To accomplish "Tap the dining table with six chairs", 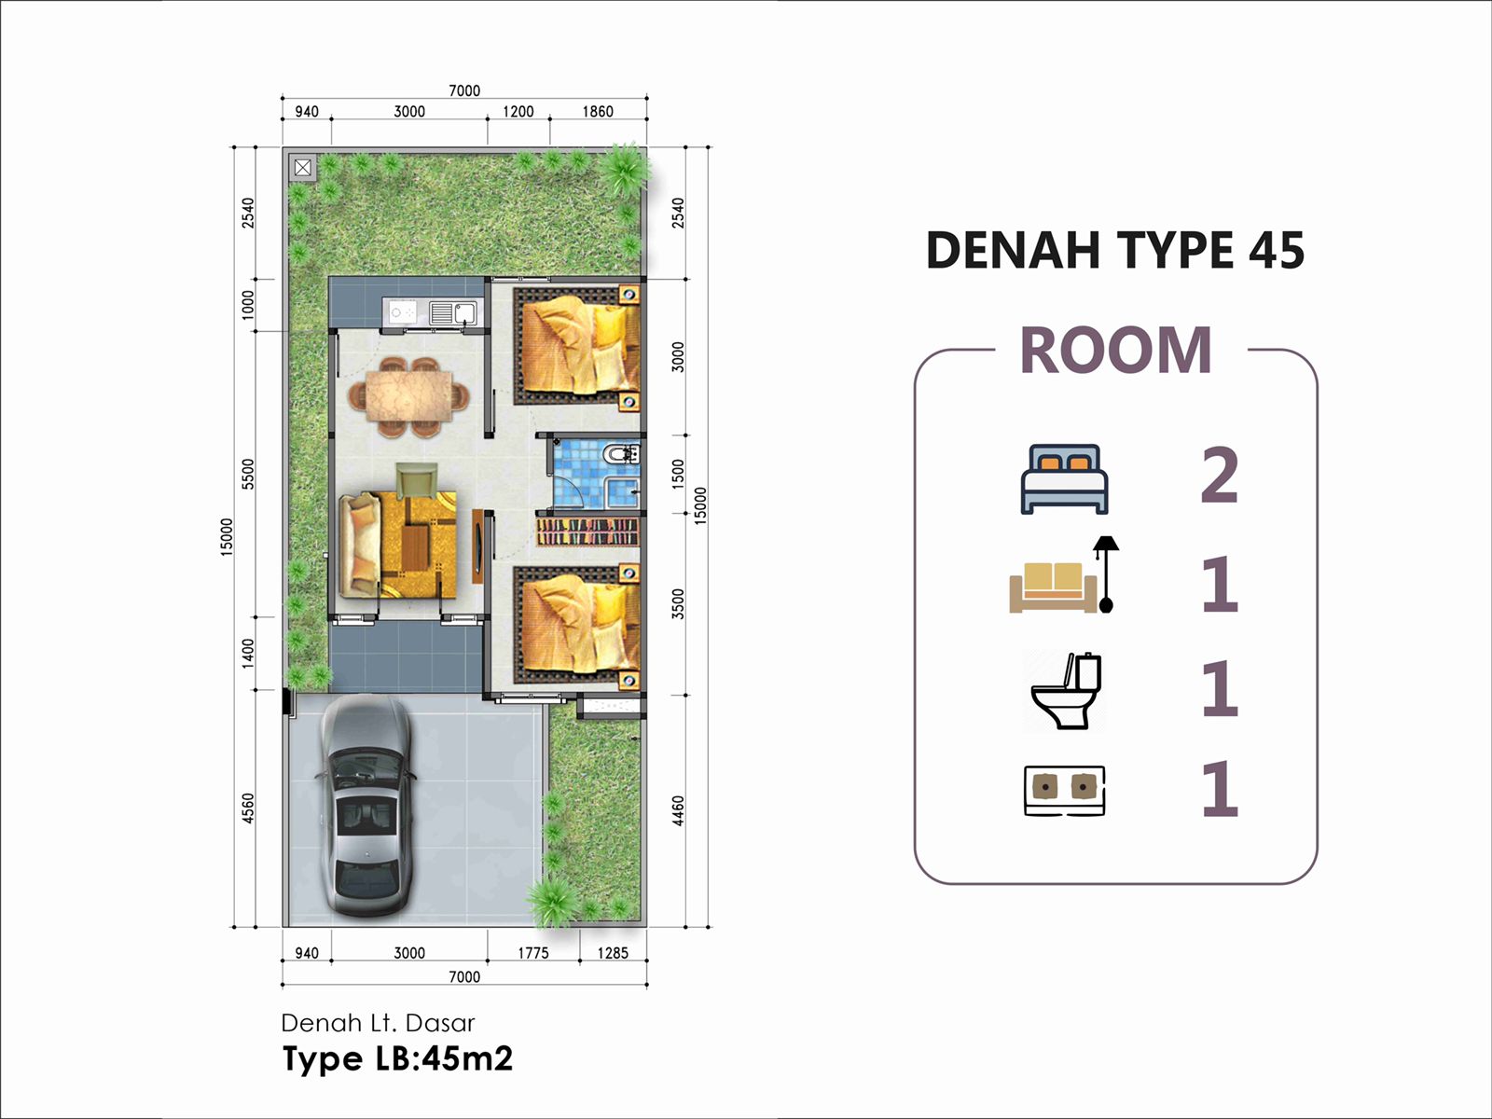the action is pyautogui.click(x=408, y=397).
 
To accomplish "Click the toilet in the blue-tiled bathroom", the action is pyautogui.click(x=622, y=453).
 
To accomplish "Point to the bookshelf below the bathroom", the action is pyautogui.click(x=588, y=532).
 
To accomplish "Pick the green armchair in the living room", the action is pyautogui.click(x=417, y=480).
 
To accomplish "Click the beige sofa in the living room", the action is pyautogui.click(x=360, y=546).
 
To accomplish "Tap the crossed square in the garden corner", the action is pyautogui.click(x=302, y=167).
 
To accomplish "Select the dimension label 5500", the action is pyautogui.click(x=248, y=474).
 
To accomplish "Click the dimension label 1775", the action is pyautogui.click(x=532, y=953).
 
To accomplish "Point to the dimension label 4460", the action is pyautogui.click(x=678, y=811).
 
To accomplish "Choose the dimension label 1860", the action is pyautogui.click(x=598, y=111).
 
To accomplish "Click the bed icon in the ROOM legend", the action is pyautogui.click(x=1065, y=479).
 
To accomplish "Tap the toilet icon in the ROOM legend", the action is pyautogui.click(x=1065, y=691).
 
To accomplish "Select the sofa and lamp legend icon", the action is pyautogui.click(x=1064, y=574).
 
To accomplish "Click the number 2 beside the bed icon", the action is pyautogui.click(x=1220, y=476).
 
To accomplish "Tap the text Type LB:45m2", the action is pyautogui.click(x=397, y=1058).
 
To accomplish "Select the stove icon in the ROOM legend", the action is pyautogui.click(x=1065, y=790).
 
